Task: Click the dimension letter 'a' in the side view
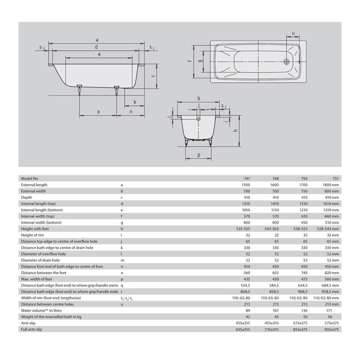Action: [97, 40]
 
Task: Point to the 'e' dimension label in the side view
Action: [99, 54]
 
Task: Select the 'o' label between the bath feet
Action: [98, 112]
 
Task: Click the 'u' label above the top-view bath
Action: [293, 33]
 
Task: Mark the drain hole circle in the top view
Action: [287, 62]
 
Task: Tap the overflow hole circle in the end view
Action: [198, 119]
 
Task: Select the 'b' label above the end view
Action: [198, 98]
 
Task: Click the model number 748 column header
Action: [275, 178]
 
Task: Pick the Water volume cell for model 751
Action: [333, 310]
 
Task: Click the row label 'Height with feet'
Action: [36, 229]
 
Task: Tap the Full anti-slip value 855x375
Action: [301, 328]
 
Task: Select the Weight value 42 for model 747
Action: [247, 316]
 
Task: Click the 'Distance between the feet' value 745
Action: [301, 273]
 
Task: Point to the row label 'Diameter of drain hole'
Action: [40, 260]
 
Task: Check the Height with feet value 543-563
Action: [272, 229]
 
